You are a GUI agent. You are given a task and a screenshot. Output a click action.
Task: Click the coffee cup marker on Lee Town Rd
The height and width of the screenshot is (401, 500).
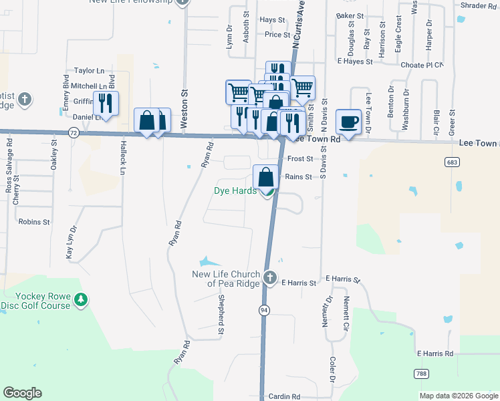click(348, 122)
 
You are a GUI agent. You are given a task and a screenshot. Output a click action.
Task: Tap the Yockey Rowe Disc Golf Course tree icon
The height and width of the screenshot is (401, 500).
click(80, 299)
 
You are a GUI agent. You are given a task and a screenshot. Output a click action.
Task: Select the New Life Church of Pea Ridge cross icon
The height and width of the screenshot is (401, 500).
click(269, 277)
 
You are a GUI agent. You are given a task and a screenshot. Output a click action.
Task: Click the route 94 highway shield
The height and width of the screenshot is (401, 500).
click(265, 310)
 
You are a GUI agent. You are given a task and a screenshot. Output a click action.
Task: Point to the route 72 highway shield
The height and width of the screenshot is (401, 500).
click(73, 134)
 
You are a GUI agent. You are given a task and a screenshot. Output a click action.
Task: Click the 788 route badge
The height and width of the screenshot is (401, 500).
click(420, 373)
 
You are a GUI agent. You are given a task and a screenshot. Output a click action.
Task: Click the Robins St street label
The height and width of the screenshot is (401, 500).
click(35, 221)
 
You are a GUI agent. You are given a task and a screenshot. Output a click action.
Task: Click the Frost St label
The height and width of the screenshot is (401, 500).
click(300, 159)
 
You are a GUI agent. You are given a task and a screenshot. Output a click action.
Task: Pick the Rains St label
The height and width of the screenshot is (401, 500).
click(299, 176)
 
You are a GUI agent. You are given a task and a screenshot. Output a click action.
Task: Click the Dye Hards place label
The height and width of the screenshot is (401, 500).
click(235, 190)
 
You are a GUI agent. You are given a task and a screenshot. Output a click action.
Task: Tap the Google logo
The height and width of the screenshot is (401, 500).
click(22, 393)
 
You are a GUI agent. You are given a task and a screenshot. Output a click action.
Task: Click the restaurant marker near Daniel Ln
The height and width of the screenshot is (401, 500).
click(106, 103)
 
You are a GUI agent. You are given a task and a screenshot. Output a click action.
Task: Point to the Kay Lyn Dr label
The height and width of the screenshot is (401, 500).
click(71, 241)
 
